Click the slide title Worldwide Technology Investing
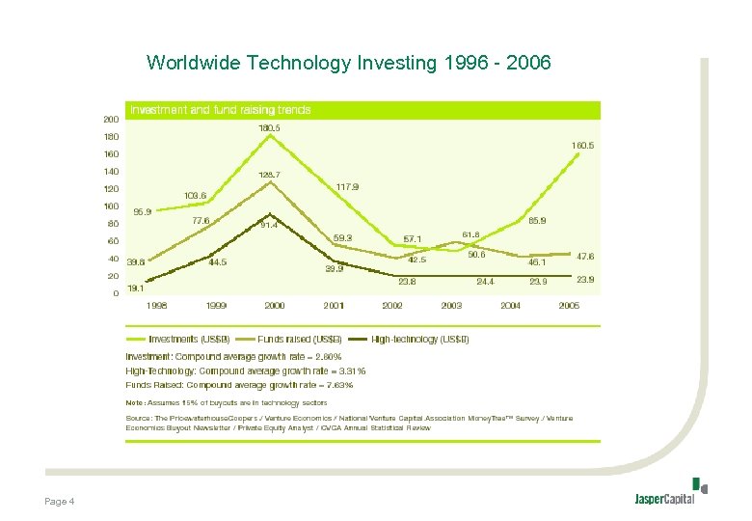coord(348,64)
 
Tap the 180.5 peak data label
coord(269,127)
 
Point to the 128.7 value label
coord(269,175)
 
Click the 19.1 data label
coord(136,288)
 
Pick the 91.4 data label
coord(269,226)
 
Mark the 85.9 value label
coord(537,220)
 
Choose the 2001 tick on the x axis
coord(335,305)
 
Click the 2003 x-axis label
coord(451,305)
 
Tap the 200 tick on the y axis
coord(112,120)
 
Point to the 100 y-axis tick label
coord(112,206)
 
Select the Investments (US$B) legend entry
coord(188,339)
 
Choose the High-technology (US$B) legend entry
coord(420,339)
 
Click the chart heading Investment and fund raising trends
coord(221,110)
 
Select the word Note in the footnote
coord(135,402)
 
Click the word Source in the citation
coord(141,418)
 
